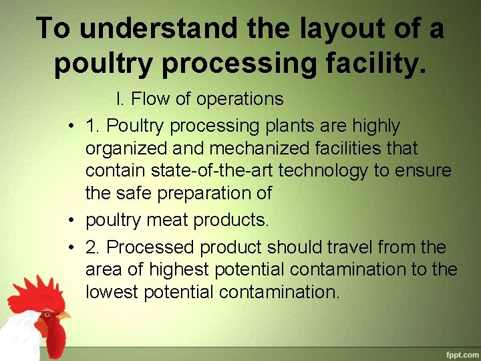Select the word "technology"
(323, 170)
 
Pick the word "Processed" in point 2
(151, 247)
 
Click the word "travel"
(347, 247)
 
